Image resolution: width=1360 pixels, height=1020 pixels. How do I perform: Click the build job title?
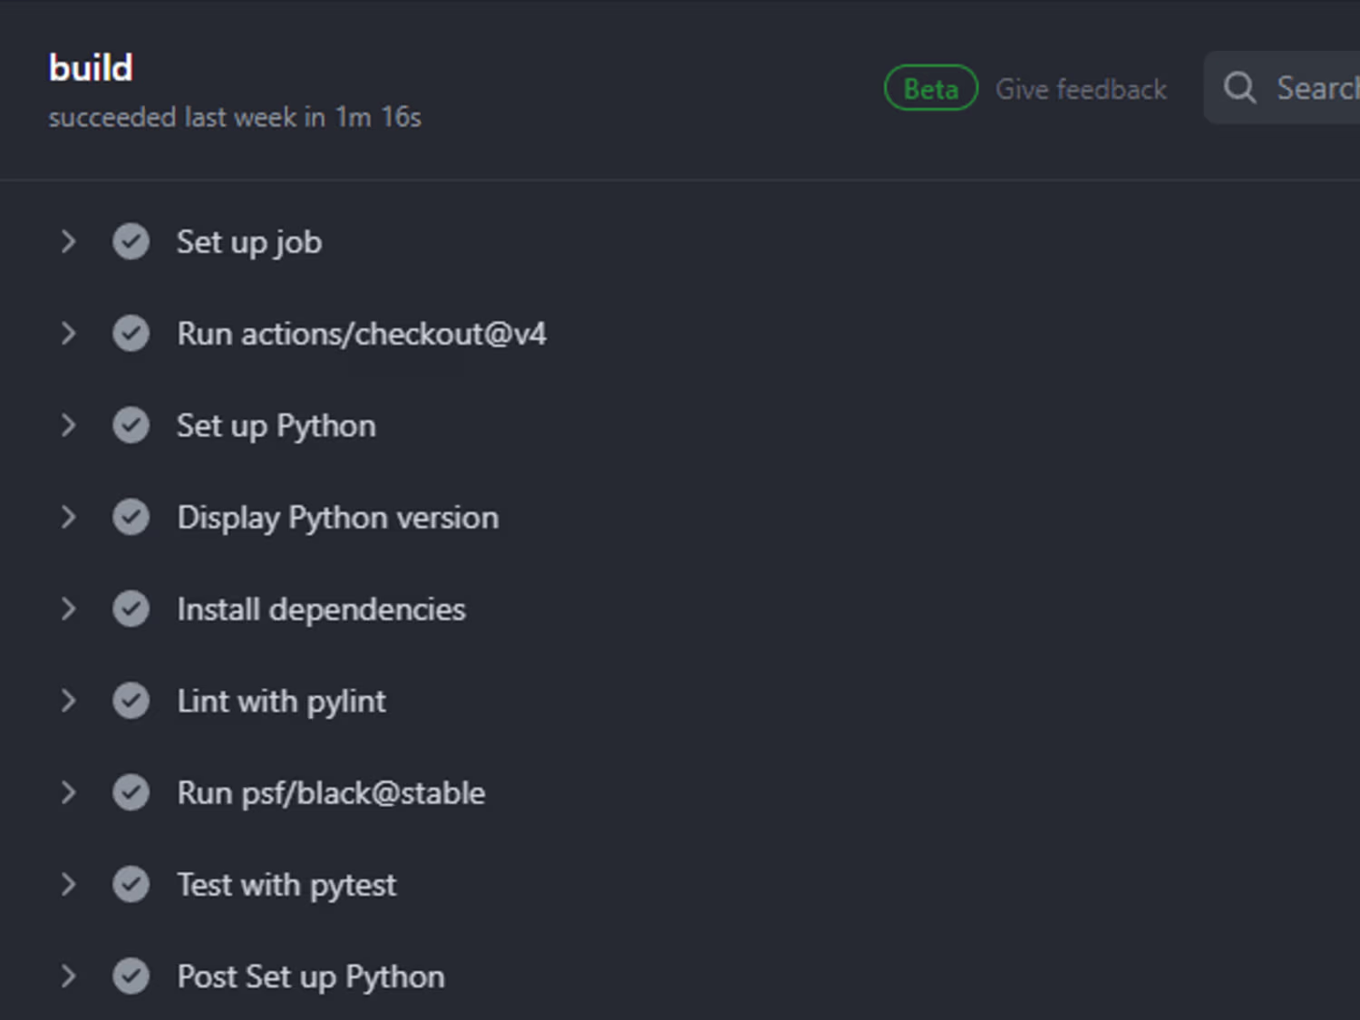click(91, 67)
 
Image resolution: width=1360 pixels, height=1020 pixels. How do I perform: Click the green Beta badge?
click(930, 88)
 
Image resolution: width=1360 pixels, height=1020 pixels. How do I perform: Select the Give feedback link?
click(1081, 89)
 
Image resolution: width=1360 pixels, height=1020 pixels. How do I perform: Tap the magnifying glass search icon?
click(1239, 88)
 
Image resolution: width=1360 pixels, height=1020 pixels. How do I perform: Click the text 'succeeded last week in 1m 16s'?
click(236, 117)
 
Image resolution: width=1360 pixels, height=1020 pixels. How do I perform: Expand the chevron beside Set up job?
click(69, 241)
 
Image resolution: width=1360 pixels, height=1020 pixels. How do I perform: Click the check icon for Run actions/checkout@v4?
click(131, 333)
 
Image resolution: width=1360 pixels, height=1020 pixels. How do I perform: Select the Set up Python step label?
click(277, 426)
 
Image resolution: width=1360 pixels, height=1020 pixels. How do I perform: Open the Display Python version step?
click(338, 518)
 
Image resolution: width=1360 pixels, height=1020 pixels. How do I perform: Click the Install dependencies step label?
click(322, 609)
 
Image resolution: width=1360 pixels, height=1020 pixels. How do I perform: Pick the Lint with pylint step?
click(282, 701)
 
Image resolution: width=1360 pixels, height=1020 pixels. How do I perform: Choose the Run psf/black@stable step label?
click(332, 792)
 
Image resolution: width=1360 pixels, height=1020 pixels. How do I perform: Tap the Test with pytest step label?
click(287, 884)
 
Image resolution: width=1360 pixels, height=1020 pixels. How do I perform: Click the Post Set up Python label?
click(311, 976)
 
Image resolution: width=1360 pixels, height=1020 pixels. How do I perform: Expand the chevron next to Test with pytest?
click(69, 884)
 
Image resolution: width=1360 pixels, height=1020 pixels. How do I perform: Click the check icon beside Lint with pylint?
click(131, 701)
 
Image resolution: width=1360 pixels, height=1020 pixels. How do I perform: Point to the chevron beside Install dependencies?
click(69, 609)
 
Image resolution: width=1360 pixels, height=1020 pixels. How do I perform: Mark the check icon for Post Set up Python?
click(131, 976)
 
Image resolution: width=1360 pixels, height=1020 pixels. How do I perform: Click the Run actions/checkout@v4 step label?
click(362, 334)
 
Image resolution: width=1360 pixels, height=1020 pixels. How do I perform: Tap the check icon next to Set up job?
click(131, 241)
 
